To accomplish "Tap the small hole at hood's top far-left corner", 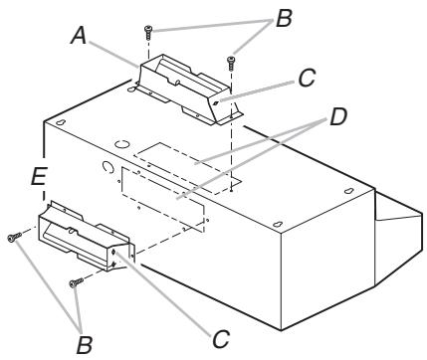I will click(x=63, y=122).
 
